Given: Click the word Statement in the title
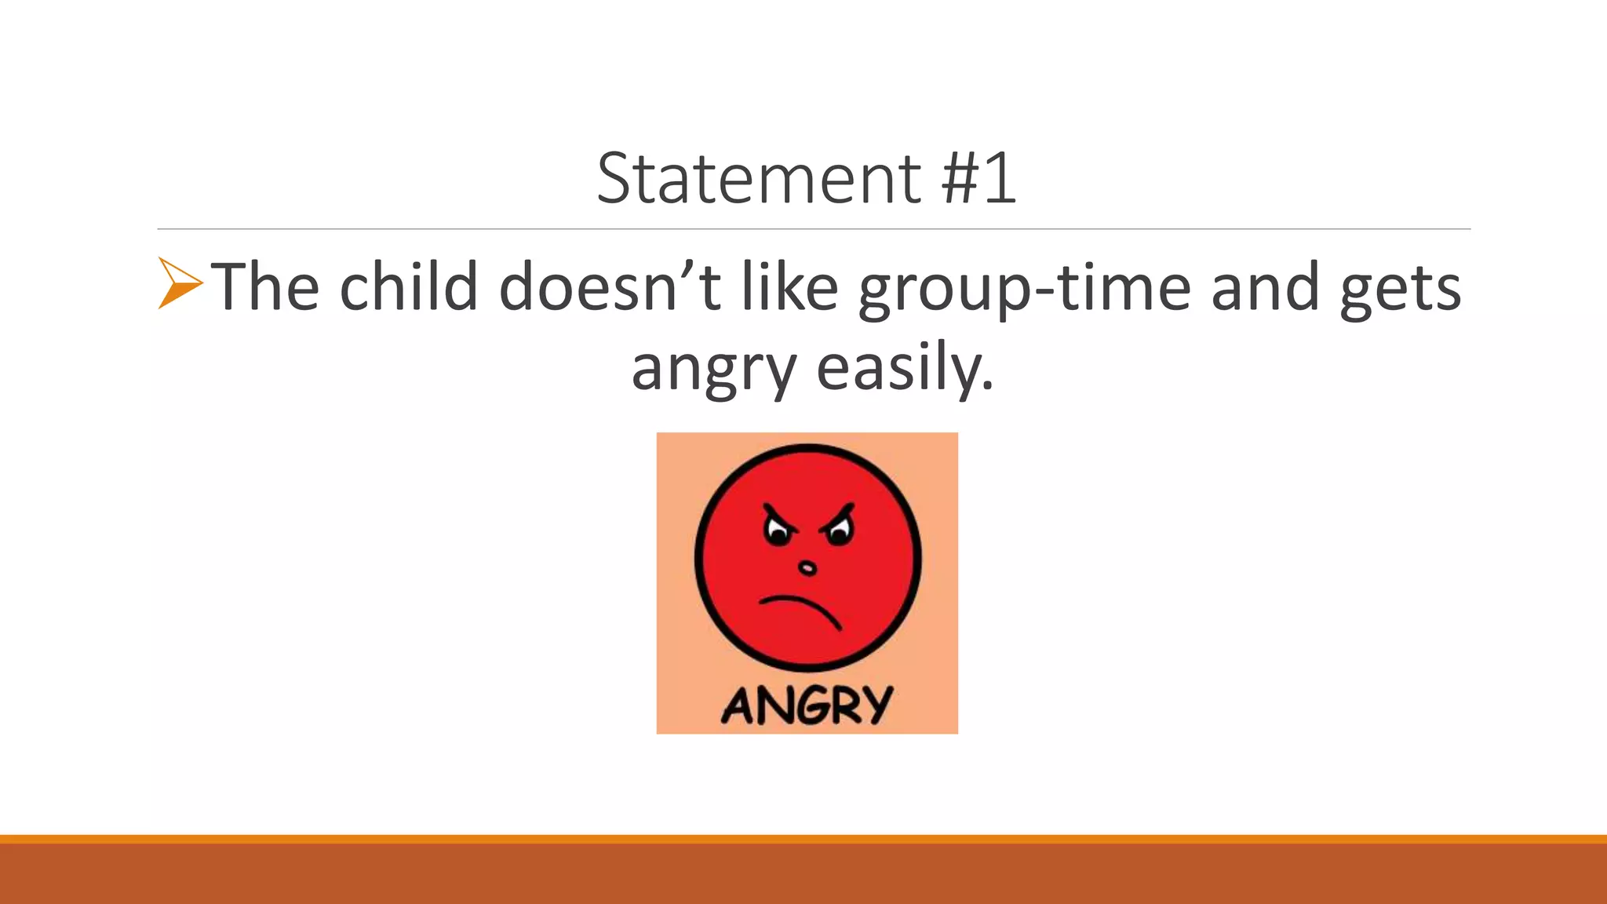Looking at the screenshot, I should point(758,179).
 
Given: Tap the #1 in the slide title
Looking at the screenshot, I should point(978,179).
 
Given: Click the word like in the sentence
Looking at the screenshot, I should point(789,286).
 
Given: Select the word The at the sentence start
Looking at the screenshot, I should point(265,286).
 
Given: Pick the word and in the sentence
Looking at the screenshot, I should point(1265,286).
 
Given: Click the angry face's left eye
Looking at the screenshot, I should point(778,534).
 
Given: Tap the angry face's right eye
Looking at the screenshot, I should point(838,534).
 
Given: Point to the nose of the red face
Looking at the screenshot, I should point(807,567).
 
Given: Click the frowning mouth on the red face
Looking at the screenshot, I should point(800,608).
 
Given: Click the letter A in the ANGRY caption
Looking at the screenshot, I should point(739,706).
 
